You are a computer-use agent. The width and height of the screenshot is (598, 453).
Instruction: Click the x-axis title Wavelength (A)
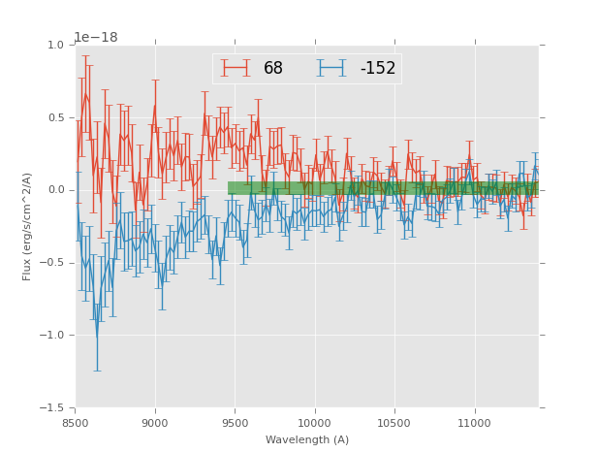point(307,439)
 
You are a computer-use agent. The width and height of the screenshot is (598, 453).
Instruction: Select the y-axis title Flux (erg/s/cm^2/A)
point(28,226)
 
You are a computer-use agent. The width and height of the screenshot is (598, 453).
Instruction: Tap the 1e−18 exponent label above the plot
point(95,38)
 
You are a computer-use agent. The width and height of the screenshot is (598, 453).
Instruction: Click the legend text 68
point(273,69)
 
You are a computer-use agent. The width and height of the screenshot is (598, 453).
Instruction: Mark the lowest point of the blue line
point(96,339)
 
